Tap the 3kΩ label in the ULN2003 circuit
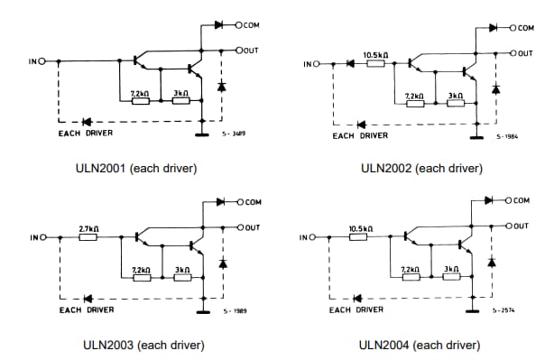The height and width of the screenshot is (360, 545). pos(181,269)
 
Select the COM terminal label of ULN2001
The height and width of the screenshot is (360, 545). pos(250,25)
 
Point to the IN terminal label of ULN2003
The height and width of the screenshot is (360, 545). pos(33,238)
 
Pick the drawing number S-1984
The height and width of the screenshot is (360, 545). pos(506,137)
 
